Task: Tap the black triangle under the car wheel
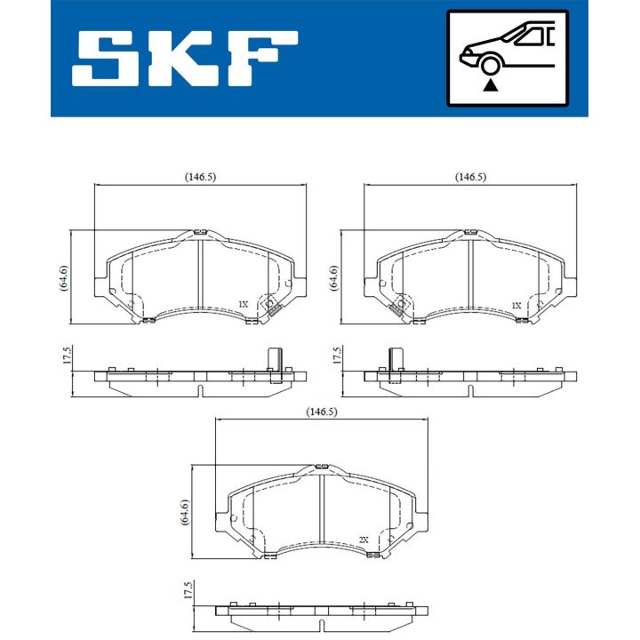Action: pyautogui.click(x=488, y=85)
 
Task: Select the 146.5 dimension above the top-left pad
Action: pyautogui.click(x=200, y=177)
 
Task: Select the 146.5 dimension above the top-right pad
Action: pyautogui.click(x=470, y=177)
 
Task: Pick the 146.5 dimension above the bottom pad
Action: pyautogui.click(x=322, y=412)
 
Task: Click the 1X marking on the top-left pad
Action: pyautogui.click(x=243, y=304)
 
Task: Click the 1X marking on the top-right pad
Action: pyautogui.click(x=516, y=304)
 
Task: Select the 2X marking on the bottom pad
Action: pyautogui.click(x=364, y=540)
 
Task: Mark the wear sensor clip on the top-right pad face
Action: pyautogui.click(x=396, y=308)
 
